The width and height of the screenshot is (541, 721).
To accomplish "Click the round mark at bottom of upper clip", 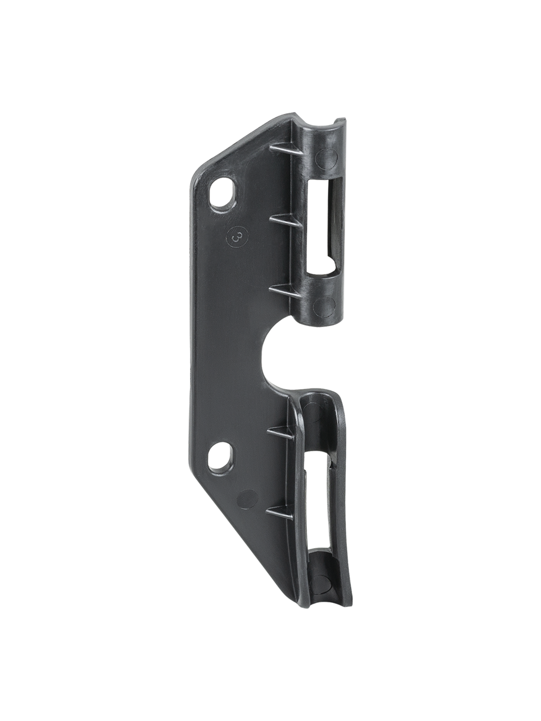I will coord(326,305).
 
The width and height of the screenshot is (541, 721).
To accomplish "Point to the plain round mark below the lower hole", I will coord(244,497).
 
